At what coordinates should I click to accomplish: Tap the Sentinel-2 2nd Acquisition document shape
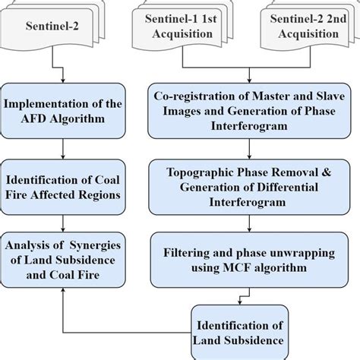[303, 30]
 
